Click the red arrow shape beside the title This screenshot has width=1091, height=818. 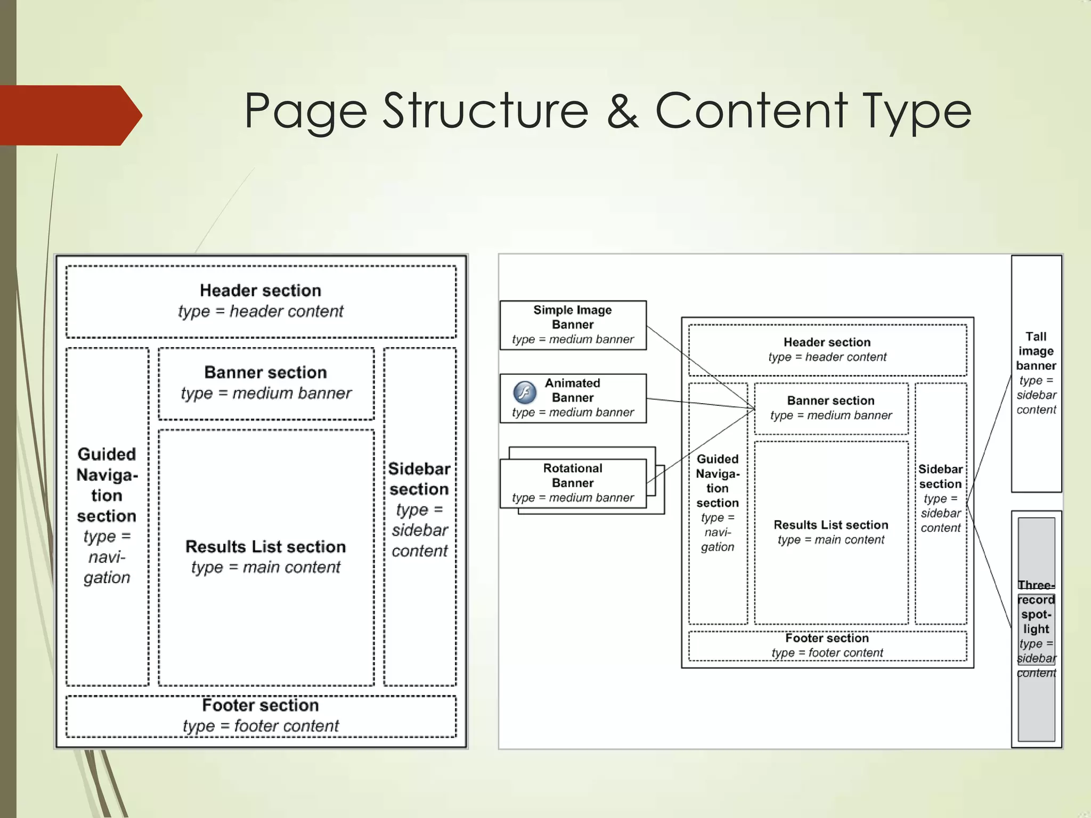click(69, 115)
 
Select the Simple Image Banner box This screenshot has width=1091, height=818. click(573, 325)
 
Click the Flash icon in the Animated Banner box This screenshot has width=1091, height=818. click(524, 393)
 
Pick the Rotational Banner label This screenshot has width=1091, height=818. click(573, 476)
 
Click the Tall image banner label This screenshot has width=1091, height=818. click(1036, 351)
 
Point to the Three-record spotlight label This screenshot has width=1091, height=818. click(1036, 607)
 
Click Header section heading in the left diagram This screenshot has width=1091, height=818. click(260, 291)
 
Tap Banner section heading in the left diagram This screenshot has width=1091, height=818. click(265, 372)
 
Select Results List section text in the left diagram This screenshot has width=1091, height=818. click(265, 547)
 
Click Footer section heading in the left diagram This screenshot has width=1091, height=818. click(260, 706)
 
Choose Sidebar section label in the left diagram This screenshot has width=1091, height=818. click(419, 479)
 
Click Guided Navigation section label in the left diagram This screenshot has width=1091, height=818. click(107, 485)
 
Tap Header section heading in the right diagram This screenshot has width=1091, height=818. click(827, 342)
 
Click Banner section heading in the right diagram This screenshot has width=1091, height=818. click(831, 400)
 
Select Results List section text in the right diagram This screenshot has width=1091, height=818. click(831, 525)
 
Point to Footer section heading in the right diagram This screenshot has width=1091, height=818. click(827, 638)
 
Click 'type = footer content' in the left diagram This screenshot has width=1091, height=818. click(260, 726)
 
